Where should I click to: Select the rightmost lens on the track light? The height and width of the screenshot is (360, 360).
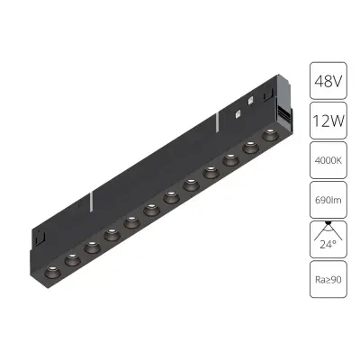[267, 136]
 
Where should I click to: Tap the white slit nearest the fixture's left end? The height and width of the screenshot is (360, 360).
[94, 200]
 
